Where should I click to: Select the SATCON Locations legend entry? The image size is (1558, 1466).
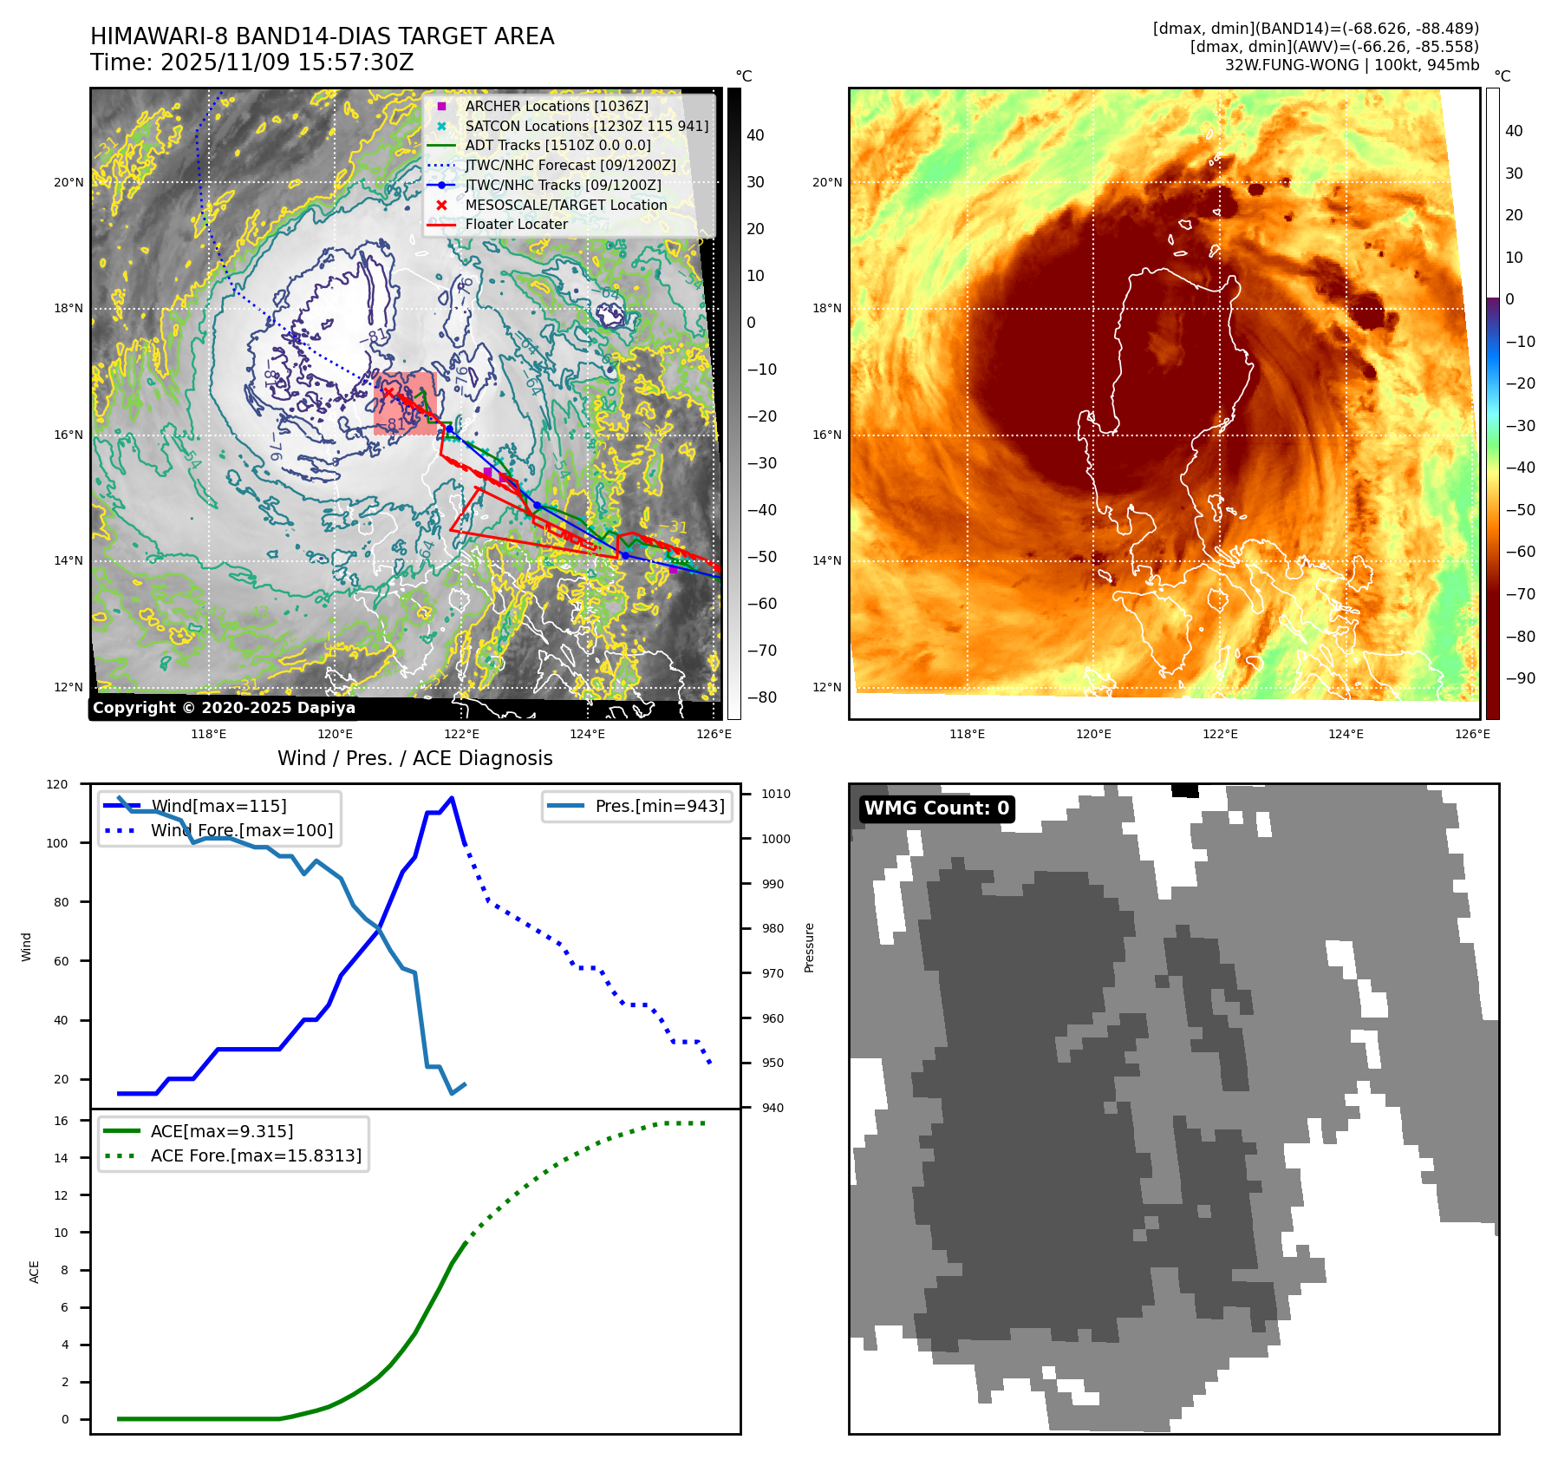pyautogui.click(x=586, y=126)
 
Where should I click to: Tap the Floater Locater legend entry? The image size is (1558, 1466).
pyautogui.click(x=516, y=224)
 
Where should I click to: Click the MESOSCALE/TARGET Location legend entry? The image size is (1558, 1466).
pyautogui.click(x=565, y=205)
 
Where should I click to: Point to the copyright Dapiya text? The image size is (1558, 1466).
pyautogui.click(x=224, y=708)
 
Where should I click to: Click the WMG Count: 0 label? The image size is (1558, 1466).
pyautogui.click(x=936, y=808)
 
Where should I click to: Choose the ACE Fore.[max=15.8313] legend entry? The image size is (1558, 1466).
pyautogui.click(x=256, y=1155)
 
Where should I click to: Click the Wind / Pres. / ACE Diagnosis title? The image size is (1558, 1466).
pyautogui.click(x=414, y=758)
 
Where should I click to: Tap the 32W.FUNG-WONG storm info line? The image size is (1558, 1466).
pyautogui.click(x=1351, y=65)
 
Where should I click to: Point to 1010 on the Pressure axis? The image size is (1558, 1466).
pyautogui.click(x=776, y=794)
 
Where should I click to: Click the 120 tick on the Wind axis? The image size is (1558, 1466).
pyautogui.click(x=57, y=784)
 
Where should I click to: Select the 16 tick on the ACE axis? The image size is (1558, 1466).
pyautogui.click(x=61, y=1121)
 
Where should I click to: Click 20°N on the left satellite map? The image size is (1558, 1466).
pyautogui.click(x=69, y=182)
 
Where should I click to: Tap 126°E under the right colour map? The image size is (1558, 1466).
pyautogui.click(x=1472, y=734)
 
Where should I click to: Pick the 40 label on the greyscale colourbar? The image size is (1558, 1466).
pyautogui.click(x=755, y=135)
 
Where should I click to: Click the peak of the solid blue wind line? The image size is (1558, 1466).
pyautogui.click(x=452, y=798)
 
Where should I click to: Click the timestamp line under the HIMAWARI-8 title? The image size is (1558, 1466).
pyautogui.click(x=251, y=62)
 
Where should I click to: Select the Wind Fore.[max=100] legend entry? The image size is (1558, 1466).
pyautogui.click(x=241, y=830)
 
